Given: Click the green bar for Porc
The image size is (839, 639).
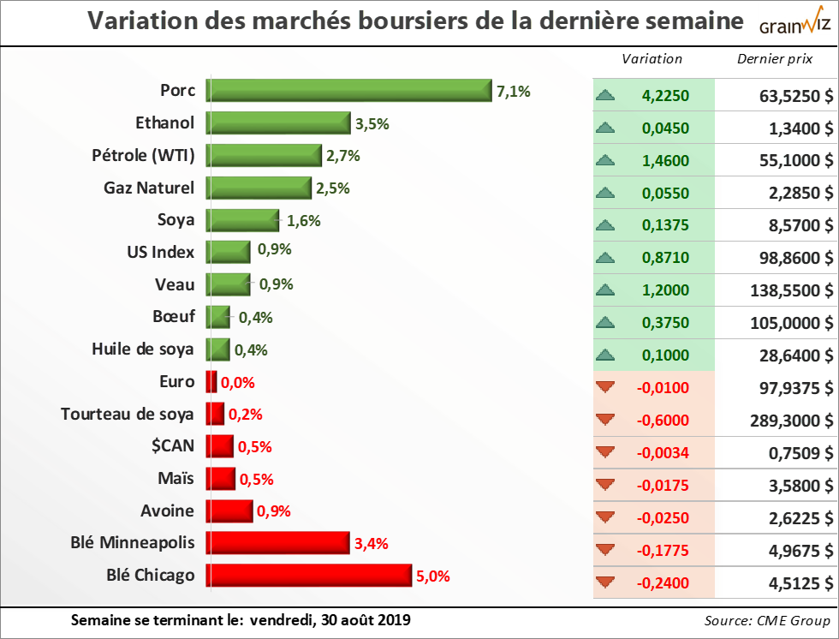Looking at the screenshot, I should pos(349,91).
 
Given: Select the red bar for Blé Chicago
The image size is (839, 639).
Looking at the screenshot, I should pos(310,576).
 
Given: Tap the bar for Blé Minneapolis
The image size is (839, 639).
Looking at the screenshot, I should pos(278,543).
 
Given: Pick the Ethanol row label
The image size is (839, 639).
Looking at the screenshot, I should pos(165,122).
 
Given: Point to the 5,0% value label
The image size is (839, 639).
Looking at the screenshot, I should pos(432,576).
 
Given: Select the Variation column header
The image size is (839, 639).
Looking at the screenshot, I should pos(652,59).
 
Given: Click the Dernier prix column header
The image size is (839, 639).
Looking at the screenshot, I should pos(775,59).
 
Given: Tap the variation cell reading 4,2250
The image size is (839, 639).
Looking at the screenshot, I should pos(665,96).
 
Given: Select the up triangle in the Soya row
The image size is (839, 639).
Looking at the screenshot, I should pos(605,225).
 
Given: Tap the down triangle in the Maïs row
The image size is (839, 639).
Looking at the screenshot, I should pos(605,486).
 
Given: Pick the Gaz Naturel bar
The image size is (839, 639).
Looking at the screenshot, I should pos(260,188).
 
